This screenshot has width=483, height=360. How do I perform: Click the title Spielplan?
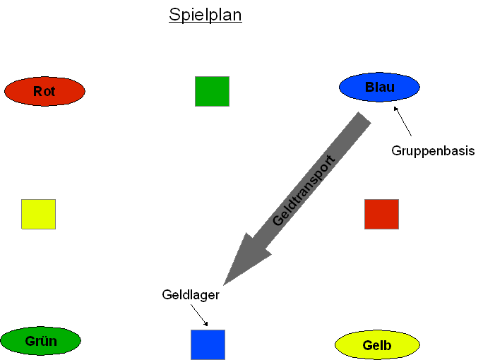[205, 15]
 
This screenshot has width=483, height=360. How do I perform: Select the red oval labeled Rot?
[44, 91]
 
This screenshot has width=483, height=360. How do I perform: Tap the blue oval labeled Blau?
[379, 87]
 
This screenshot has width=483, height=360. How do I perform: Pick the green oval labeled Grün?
[41, 341]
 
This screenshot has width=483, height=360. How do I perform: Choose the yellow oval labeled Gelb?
[377, 345]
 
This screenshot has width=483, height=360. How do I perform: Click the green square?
[213, 92]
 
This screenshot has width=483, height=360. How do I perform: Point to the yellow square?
[39, 214]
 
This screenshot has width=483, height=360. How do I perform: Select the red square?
[381, 214]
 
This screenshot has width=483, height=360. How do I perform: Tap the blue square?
[208, 344]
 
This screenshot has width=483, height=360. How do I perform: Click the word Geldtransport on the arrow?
[304, 191]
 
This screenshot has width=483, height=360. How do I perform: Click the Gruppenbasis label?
[433, 151]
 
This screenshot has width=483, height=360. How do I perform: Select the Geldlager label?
[191, 295]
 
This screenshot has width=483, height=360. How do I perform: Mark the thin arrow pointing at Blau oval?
[402, 121]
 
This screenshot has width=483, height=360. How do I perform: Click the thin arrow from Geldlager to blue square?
[199, 315]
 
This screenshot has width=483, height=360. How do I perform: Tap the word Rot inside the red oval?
[44, 92]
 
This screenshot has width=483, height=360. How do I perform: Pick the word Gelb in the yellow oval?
[377, 345]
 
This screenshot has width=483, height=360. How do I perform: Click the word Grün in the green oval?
[41, 341]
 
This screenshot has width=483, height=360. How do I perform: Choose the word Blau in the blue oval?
[380, 87]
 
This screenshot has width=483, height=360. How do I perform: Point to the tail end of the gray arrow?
[364, 117]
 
